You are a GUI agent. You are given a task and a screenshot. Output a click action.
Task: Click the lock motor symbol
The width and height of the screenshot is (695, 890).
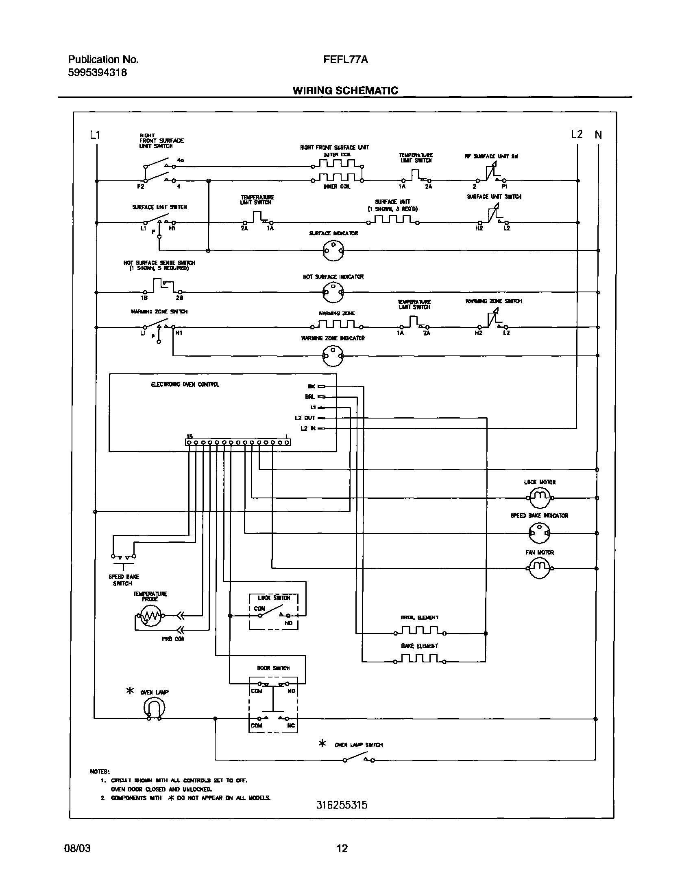tap(539, 497)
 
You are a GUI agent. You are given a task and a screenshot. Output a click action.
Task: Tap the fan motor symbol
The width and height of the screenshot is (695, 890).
tap(539, 568)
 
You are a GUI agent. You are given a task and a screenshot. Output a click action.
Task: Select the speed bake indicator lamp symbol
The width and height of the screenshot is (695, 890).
tap(539, 533)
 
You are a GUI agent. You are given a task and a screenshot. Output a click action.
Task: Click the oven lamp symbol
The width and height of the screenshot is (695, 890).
tap(154, 709)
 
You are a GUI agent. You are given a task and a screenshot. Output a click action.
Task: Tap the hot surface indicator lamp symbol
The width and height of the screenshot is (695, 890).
tap(333, 292)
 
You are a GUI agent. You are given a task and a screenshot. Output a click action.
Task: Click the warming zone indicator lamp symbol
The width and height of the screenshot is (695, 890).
tap(333, 356)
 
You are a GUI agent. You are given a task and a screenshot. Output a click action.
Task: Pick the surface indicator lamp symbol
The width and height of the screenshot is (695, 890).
tap(333, 250)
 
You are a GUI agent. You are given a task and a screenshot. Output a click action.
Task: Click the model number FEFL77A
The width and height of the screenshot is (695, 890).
tap(345, 60)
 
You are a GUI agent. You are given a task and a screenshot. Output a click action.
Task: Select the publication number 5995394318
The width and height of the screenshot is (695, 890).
tap(97, 72)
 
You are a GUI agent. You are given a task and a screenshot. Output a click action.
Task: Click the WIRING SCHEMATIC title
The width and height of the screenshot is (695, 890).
tap(345, 90)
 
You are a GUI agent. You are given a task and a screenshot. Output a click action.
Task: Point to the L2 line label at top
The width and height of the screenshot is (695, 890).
tap(577, 134)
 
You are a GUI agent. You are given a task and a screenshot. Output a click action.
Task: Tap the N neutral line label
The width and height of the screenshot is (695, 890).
tap(598, 135)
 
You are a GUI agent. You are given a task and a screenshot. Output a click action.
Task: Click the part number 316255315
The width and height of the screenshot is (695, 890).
tap(342, 805)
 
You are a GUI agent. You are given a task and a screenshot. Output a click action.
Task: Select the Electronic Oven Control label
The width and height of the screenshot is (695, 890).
tap(185, 384)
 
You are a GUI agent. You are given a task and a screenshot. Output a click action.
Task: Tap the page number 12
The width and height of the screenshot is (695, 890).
tap(342, 849)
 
